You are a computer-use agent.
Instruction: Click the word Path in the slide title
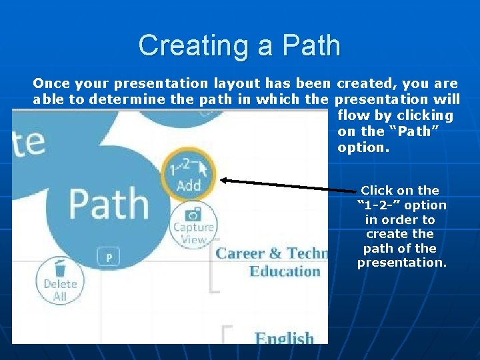tap(311, 45)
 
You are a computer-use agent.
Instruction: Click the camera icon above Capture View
tap(193, 215)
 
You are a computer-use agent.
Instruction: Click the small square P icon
tap(109, 257)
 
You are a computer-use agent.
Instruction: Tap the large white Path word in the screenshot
tap(109, 203)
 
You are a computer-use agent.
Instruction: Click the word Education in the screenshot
tap(285, 271)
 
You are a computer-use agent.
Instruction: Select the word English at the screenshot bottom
tap(284, 337)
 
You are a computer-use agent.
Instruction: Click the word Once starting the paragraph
tap(52, 83)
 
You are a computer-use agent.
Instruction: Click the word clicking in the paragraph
tap(424, 115)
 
